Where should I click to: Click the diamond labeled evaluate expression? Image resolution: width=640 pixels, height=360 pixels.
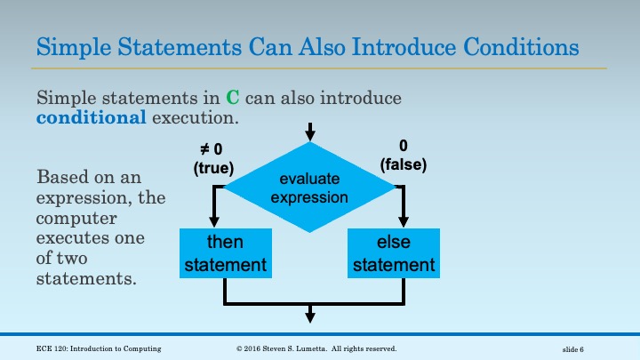[x=309, y=188]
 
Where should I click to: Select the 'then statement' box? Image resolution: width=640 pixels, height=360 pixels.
[x=225, y=252]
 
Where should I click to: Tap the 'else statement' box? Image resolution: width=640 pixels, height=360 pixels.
[x=391, y=252]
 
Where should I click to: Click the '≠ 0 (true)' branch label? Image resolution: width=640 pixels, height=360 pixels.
[x=212, y=158]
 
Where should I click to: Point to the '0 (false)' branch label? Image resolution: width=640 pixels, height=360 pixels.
[x=404, y=156]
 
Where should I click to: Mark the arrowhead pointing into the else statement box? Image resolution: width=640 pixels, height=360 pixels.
[x=404, y=222]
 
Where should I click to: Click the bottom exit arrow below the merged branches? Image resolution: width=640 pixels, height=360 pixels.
[x=309, y=314]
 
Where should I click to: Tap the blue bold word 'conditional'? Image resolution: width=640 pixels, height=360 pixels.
[x=92, y=117]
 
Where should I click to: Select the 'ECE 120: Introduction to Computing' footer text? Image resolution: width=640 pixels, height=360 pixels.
[x=100, y=348]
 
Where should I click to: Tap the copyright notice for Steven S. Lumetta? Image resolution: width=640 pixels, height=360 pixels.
[x=316, y=348]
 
